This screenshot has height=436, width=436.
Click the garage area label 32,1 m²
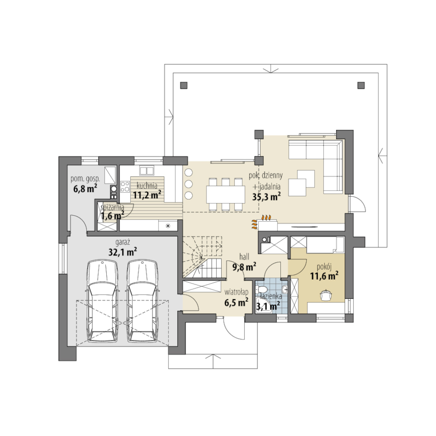(122, 252)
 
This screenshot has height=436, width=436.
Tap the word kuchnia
(147, 186)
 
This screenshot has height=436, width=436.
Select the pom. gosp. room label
(85, 179)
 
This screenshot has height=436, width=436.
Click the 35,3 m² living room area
(266, 196)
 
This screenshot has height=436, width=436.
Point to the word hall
(244, 257)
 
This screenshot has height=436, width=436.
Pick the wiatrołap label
(236, 292)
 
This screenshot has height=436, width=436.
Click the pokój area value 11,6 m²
(324, 276)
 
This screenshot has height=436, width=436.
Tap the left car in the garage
(103, 301)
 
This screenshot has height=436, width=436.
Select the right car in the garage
(142, 301)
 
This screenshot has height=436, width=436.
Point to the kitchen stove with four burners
(125, 186)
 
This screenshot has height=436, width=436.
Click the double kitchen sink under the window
(146, 170)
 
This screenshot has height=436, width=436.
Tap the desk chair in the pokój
(326, 295)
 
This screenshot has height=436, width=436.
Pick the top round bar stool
(188, 172)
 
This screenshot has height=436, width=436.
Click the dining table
(225, 194)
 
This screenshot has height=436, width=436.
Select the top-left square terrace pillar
(184, 85)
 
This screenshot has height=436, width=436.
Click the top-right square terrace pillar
(361, 85)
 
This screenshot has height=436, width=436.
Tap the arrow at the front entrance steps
(213, 361)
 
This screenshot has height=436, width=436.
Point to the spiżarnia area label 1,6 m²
(112, 215)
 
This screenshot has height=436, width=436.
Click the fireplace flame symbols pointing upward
(266, 217)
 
